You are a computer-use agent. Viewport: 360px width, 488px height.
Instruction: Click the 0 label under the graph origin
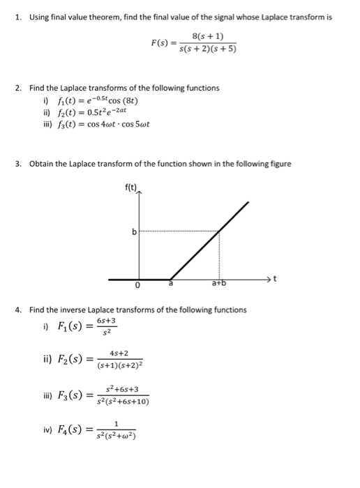point(138,286)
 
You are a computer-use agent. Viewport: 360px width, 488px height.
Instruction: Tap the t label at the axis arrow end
point(275,280)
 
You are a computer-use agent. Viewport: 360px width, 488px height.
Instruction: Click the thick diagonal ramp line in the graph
point(209,240)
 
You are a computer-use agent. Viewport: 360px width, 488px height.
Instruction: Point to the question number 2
point(17,88)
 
